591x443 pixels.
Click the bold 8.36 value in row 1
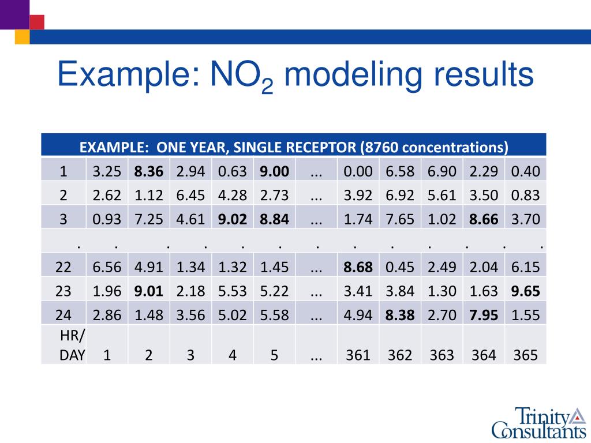pyautogui.click(x=149, y=171)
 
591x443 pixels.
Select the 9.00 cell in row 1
pyautogui.click(x=274, y=171)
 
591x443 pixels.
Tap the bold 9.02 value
pyautogui.click(x=233, y=219)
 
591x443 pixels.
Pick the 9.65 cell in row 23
pyautogui.click(x=525, y=291)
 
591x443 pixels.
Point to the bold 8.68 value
pyautogui.click(x=358, y=267)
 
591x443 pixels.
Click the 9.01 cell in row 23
pyautogui.click(x=149, y=291)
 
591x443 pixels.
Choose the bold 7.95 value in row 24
pyautogui.click(x=484, y=315)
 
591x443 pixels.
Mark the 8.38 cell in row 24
pyautogui.click(x=400, y=315)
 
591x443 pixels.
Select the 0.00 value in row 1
pyautogui.click(x=358, y=171)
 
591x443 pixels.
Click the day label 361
pyautogui.click(x=358, y=355)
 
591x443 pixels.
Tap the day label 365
pyautogui.click(x=525, y=355)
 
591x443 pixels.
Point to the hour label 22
pyautogui.click(x=63, y=267)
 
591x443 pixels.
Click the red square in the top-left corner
pyautogui.click(x=37, y=22)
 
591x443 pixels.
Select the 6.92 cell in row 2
pyautogui.click(x=400, y=195)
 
